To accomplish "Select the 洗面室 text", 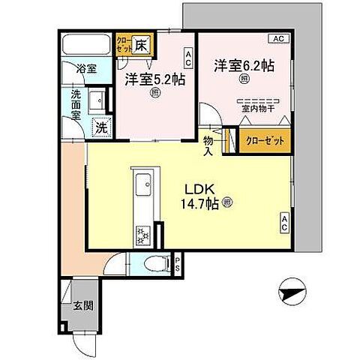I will pyautogui.click(x=77, y=100).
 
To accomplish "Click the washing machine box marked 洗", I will pyautogui.click(x=98, y=128).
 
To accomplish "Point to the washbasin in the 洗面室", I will pyautogui.click(x=97, y=100).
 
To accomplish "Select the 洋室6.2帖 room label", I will pyautogui.click(x=241, y=65).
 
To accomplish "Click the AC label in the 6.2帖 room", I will pyautogui.click(x=277, y=37).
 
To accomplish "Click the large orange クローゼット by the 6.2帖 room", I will pyautogui.click(x=265, y=140).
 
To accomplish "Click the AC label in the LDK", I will pyautogui.click(x=286, y=220).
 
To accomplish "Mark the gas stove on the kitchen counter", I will pyautogui.click(x=141, y=235).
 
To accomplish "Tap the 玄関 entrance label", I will pyautogui.click(x=82, y=305).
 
